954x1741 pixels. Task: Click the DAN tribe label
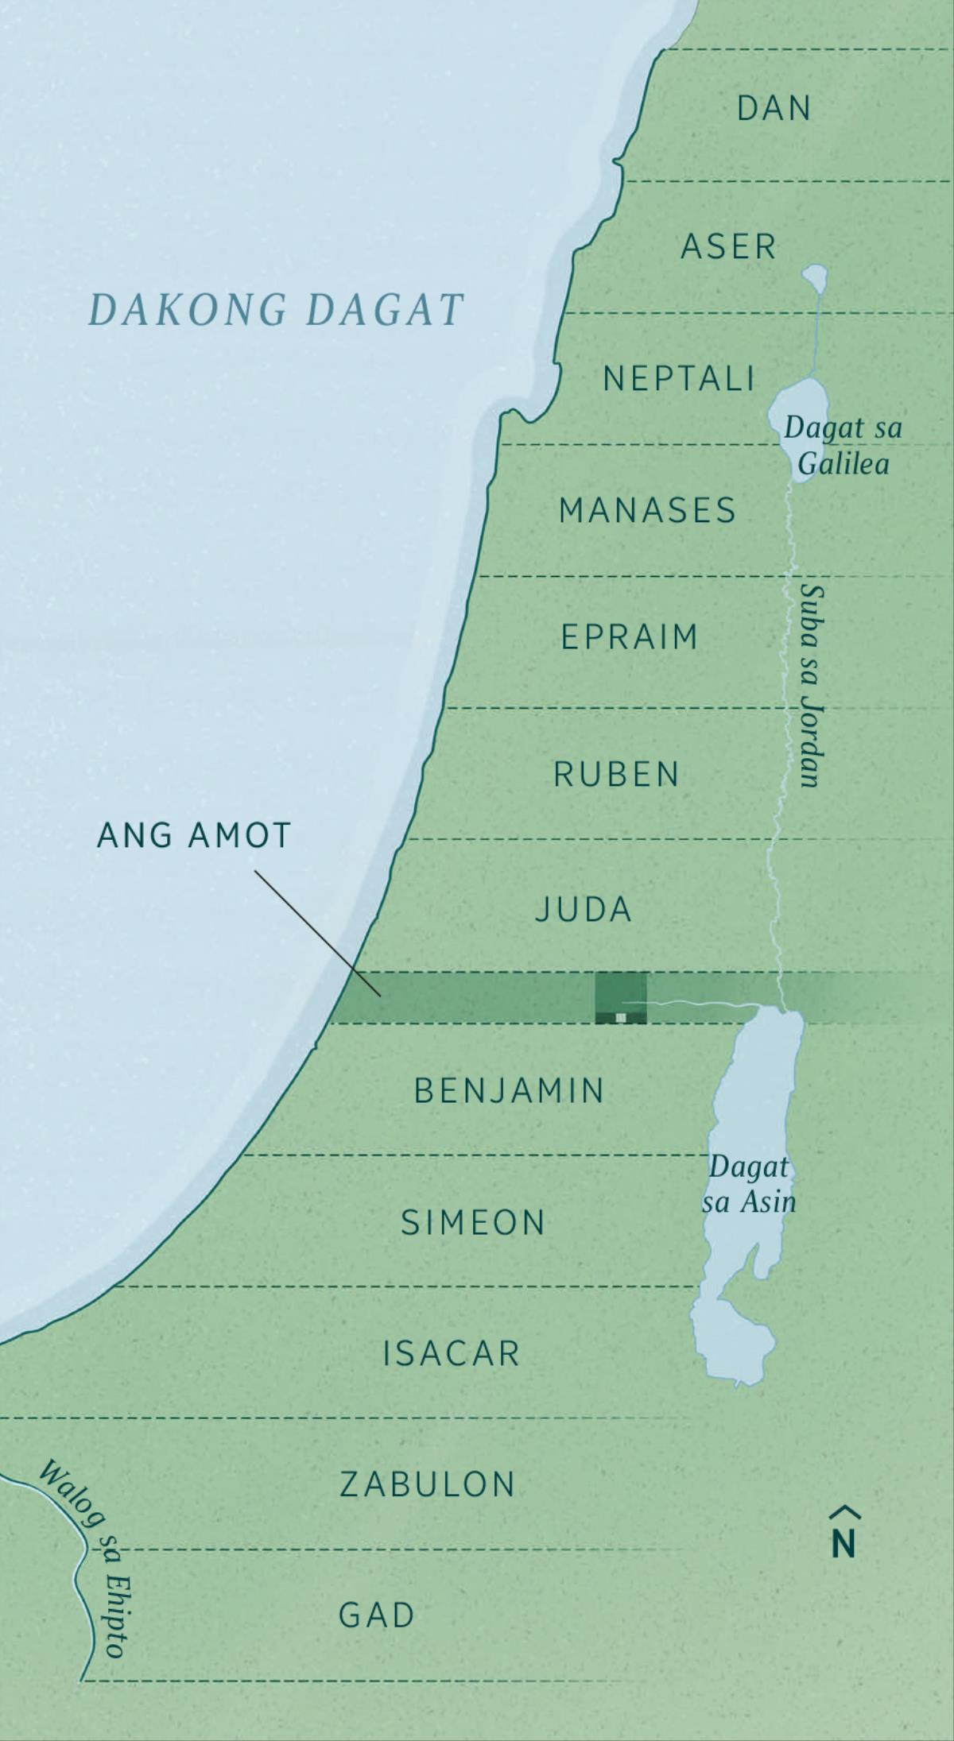pyautogui.click(x=774, y=109)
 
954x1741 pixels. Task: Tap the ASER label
pyautogui.click(x=728, y=247)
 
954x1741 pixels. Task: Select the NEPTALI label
pyautogui.click(x=678, y=379)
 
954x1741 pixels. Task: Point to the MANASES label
pyautogui.click(x=647, y=510)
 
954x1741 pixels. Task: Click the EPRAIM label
pyautogui.click(x=629, y=637)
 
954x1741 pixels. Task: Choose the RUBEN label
pyautogui.click(x=616, y=774)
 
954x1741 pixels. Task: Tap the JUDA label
pyautogui.click(x=583, y=910)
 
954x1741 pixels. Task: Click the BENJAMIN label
pyautogui.click(x=510, y=1091)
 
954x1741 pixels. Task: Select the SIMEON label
pyautogui.click(x=472, y=1223)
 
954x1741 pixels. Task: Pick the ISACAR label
pyautogui.click(x=451, y=1353)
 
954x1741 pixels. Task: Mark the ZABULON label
pyautogui.click(x=428, y=1484)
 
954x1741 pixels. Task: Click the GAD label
pyautogui.click(x=377, y=1615)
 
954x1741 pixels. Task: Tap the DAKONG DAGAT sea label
pyautogui.click(x=275, y=310)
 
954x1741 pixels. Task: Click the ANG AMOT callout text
pyautogui.click(x=194, y=835)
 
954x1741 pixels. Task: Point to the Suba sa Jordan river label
pyautogui.click(x=812, y=686)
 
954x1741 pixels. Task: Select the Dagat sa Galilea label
pyautogui.click(x=843, y=445)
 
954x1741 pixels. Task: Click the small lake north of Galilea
pyautogui.click(x=814, y=277)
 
